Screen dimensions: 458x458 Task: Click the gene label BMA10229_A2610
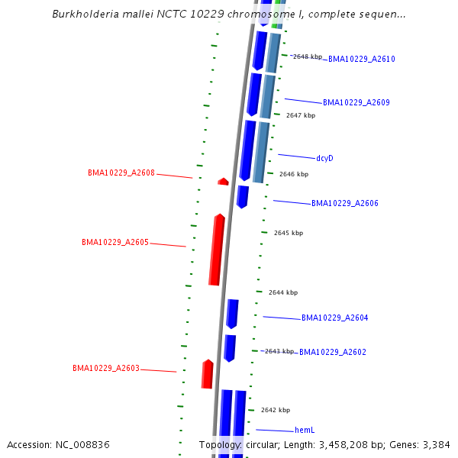point(361,59)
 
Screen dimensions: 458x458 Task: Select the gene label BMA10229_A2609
point(356,102)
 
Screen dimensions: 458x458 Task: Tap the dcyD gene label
point(324,158)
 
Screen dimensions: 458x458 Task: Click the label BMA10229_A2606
point(344,203)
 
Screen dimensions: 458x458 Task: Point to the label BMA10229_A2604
point(334,318)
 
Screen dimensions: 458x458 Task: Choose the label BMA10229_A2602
point(333,352)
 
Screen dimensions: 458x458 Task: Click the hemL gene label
point(305,431)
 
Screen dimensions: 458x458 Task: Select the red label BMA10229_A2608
point(121,173)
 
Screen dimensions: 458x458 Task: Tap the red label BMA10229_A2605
point(115,242)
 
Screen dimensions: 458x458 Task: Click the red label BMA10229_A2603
point(106,368)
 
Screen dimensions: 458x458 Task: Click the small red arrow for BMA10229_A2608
point(223,182)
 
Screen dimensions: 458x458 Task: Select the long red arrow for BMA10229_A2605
point(217,250)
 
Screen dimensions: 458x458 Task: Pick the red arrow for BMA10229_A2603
point(207,374)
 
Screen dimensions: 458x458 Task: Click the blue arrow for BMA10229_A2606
point(242,196)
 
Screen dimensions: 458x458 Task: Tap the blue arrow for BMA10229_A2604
point(232,314)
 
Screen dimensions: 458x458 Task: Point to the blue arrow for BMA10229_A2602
point(229,347)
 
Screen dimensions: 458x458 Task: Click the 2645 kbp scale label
point(289,233)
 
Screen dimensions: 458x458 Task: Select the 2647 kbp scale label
point(301,115)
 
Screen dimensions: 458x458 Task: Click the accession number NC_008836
point(85,444)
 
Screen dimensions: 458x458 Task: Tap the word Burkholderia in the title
point(85,14)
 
